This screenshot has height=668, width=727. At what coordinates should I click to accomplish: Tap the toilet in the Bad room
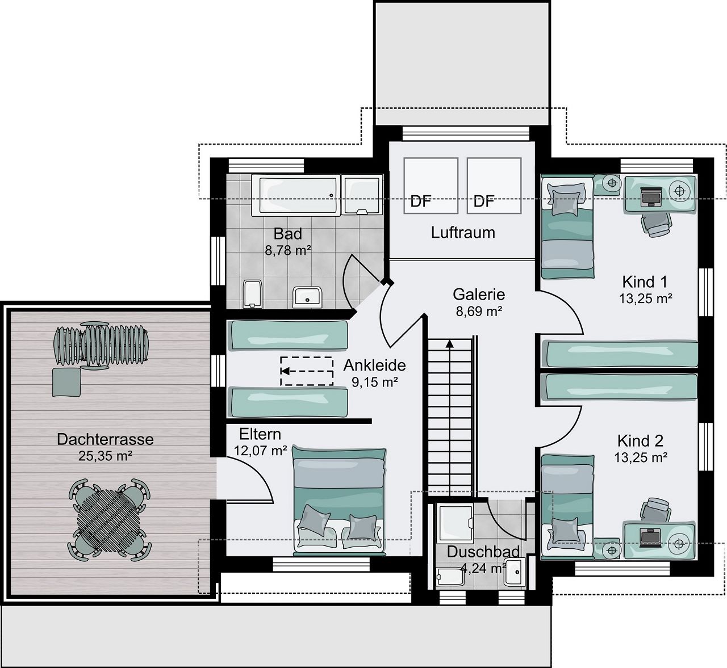(252, 293)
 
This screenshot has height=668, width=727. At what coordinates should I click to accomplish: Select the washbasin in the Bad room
(307, 297)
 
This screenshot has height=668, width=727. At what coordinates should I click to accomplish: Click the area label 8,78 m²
(288, 250)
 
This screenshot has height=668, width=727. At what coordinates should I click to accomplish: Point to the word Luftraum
(463, 233)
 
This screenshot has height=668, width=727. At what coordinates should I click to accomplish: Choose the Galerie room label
(478, 295)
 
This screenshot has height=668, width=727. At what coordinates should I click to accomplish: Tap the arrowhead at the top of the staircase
(449, 343)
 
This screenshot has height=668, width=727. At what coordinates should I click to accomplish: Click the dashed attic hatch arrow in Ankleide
(306, 371)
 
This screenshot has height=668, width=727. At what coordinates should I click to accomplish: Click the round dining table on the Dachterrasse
(109, 519)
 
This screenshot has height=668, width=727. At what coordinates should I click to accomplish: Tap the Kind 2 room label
(640, 441)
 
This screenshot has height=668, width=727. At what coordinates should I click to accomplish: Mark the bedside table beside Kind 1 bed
(611, 183)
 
